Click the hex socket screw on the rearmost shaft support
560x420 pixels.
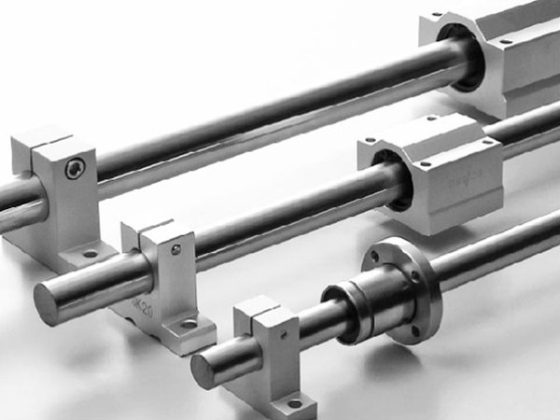click(x=75, y=168)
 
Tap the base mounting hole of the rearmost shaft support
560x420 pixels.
click(x=90, y=252)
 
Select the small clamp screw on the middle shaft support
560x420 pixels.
click(x=175, y=249)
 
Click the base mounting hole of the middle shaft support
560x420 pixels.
click(x=189, y=325)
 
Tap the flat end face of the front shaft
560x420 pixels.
click(x=203, y=370)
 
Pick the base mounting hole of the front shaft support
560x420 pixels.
click(x=295, y=403)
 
